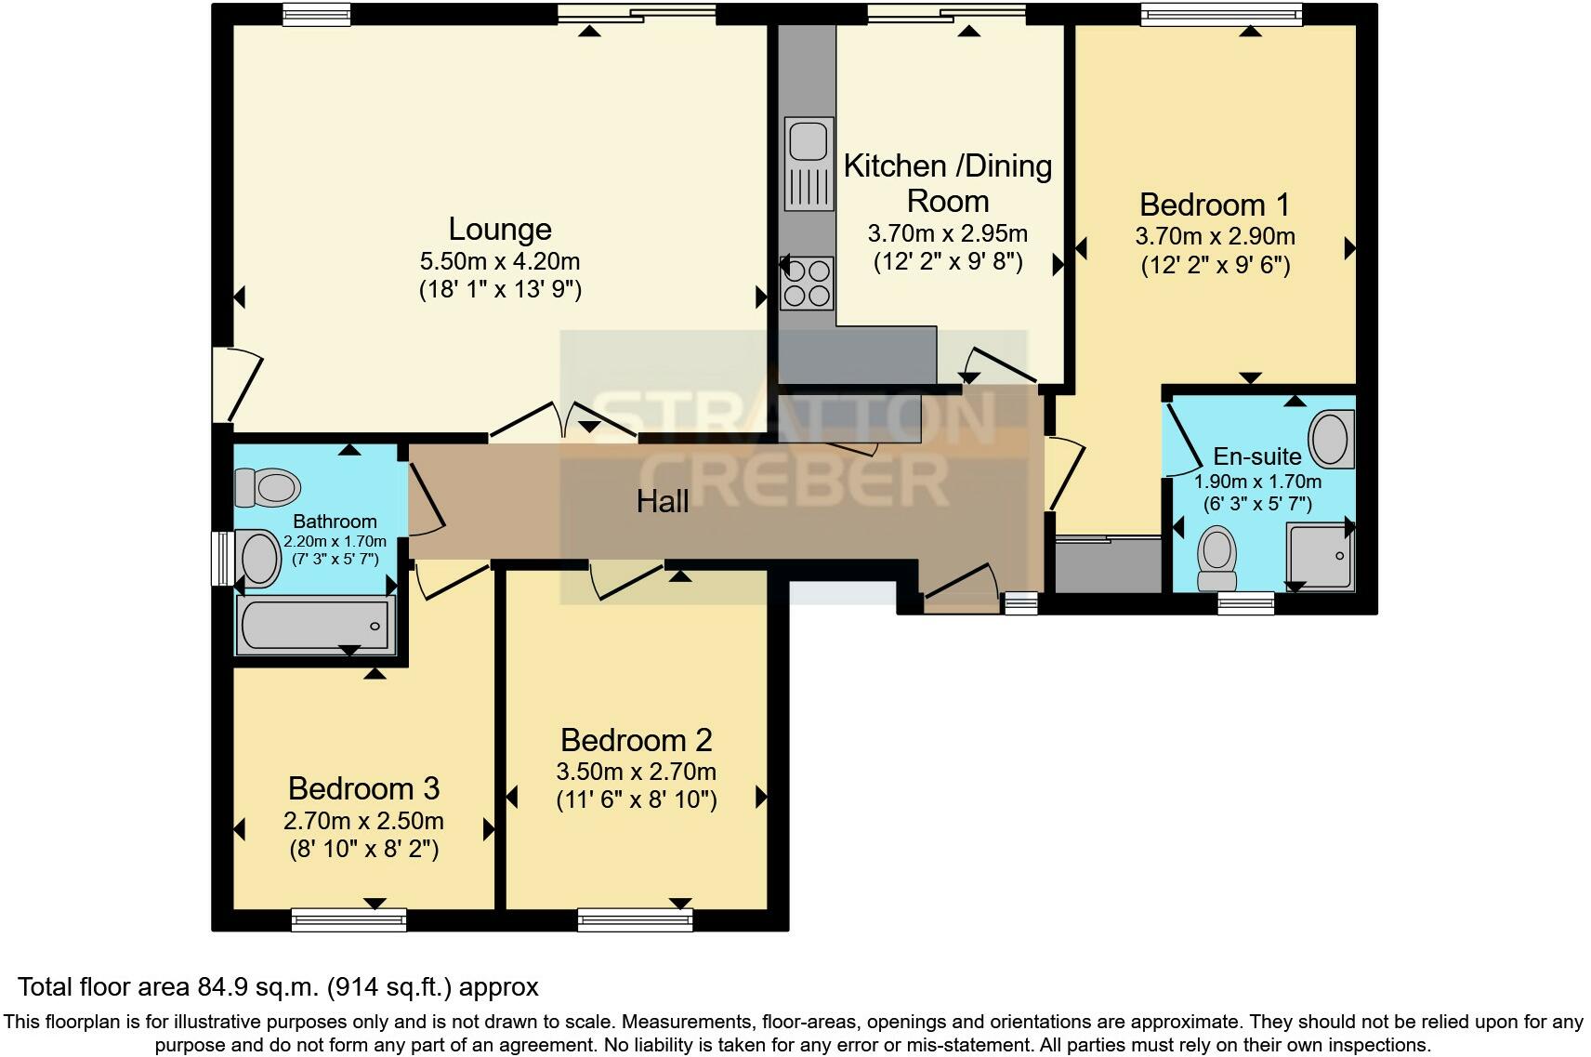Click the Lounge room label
coord(500,229)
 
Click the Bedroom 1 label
coord(1215,205)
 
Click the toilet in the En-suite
coord(1217,556)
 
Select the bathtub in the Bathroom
coord(316,625)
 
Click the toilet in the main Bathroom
coord(267,486)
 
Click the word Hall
coord(662,502)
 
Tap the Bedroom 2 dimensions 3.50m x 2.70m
coord(636,772)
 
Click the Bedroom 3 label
coord(363,788)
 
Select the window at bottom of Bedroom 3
coord(348,919)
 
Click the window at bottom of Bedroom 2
coord(635,919)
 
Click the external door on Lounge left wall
coord(232,384)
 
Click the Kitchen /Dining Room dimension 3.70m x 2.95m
coord(947,232)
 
